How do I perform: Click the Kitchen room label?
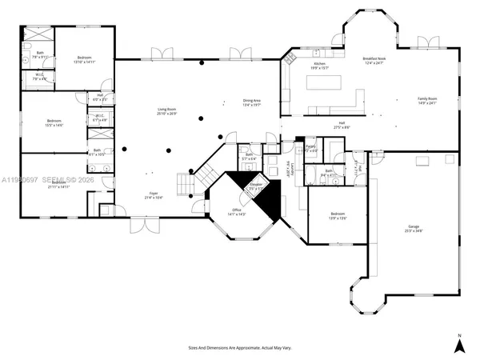pyautogui.click(x=319, y=66)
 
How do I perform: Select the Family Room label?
pyautogui.click(x=428, y=101)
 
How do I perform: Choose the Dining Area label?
pyautogui.click(x=252, y=102)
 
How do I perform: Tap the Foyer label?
pyautogui.click(x=154, y=195)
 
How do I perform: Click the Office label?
pyautogui.click(x=237, y=213)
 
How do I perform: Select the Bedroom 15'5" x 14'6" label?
pyautogui.click(x=54, y=123)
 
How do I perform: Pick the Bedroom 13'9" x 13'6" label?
pyautogui.click(x=338, y=216)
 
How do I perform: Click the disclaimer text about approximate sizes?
pyautogui.click(x=239, y=348)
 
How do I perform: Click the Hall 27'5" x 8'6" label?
pyautogui.click(x=341, y=125)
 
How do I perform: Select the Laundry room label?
pyautogui.click(x=286, y=170)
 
